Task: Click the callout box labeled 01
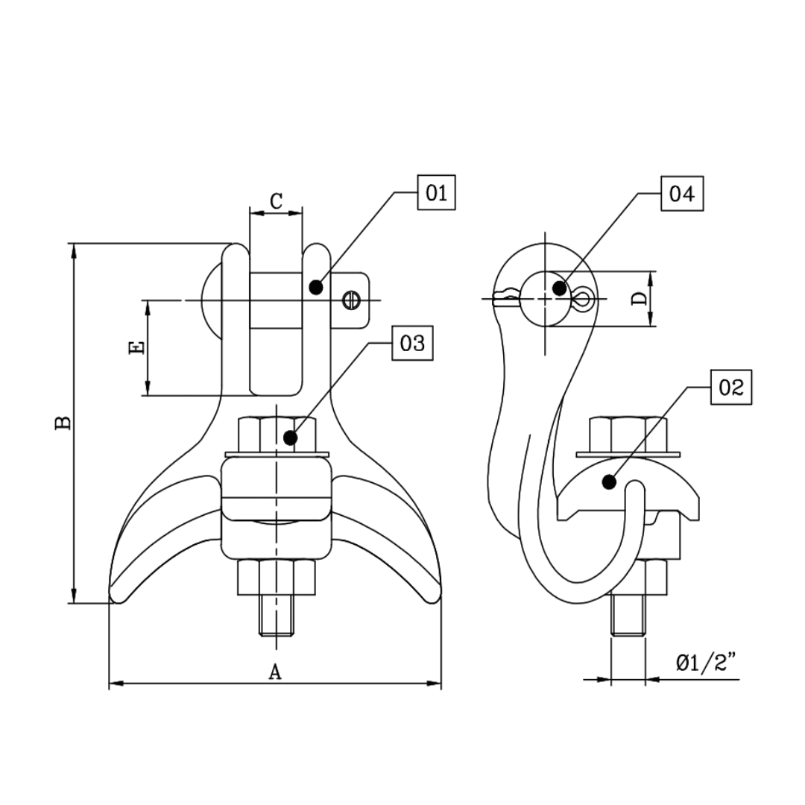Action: point(436,194)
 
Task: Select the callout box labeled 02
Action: point(731,387)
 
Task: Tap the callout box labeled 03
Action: point(412,344)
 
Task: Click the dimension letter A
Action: point(275,672)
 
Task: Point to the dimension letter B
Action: point(64,423)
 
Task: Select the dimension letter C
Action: point(276,201)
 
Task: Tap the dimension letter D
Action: point(639,299)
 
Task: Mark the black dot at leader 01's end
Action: point(316,286)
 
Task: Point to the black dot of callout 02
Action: point(609,482)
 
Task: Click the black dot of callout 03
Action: point(291,438)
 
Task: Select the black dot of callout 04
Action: point(560,288)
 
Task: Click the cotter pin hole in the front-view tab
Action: point(352,300)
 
